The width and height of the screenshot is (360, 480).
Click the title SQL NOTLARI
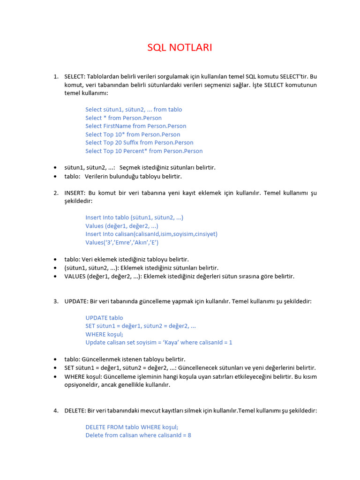180,47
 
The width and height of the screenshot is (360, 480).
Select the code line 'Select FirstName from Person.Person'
135,126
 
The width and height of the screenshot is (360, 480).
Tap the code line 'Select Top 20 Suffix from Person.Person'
139,142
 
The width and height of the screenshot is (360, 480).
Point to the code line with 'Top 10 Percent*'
144,151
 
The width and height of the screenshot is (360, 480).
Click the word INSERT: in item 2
75,193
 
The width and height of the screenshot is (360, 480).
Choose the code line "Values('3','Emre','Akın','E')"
122,242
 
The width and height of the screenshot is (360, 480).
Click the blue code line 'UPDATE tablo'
104,318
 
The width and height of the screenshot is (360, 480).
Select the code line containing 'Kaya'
158,343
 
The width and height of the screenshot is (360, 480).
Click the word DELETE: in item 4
75,411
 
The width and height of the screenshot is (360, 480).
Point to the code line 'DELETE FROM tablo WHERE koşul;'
132,427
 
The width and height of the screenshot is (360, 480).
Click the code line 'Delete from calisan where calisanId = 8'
138,435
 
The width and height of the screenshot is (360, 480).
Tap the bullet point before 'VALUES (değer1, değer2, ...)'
55,277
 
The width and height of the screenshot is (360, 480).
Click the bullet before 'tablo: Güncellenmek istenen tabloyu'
55,360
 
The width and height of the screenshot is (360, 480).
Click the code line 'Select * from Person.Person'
123,118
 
